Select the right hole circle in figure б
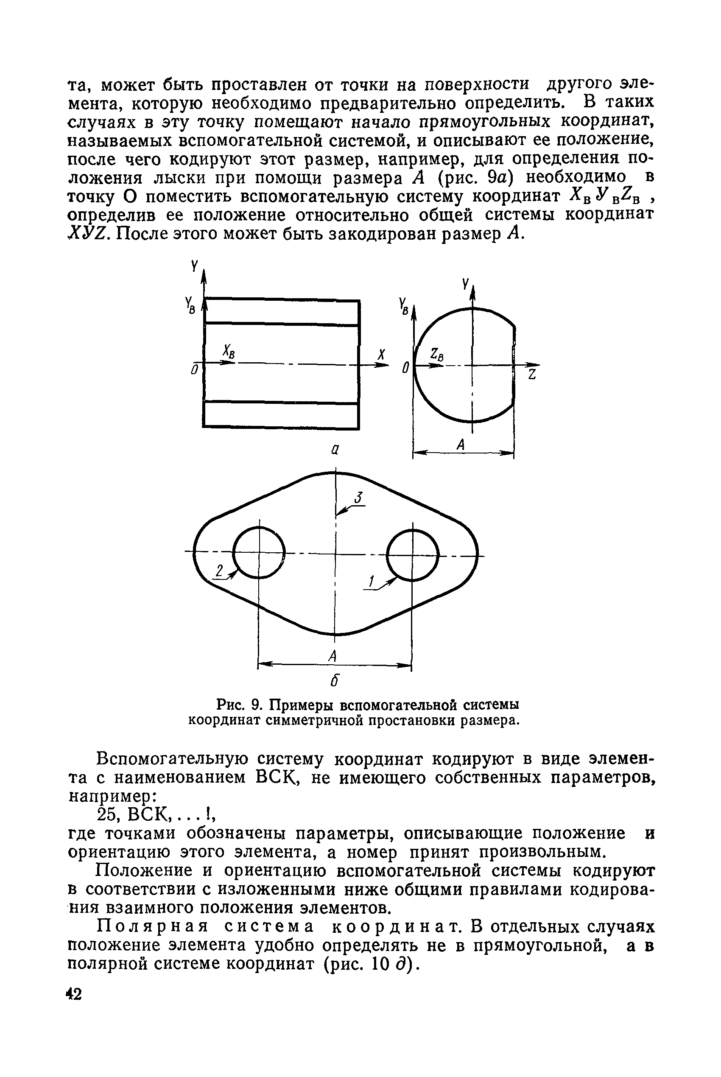(413, 555)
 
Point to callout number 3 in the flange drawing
(359, 498)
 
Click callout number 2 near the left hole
(220, 572)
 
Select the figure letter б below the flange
(335, 682)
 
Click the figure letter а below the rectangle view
(335, 450)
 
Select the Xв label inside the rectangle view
(229, 351)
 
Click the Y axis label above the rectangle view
(195, 266)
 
